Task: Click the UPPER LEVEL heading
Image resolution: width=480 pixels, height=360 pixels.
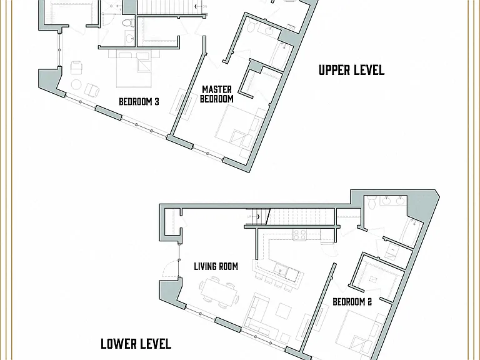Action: pyautogui.click(x=351, y=70)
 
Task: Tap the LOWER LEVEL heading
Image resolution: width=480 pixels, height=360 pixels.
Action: pyautogui.click(x=136, y=344)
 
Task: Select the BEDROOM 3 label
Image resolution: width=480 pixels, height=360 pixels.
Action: pyautogui.click(x=139, y=102)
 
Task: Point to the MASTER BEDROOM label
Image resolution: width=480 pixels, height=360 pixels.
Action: pyautogui.click(x=217, y=94)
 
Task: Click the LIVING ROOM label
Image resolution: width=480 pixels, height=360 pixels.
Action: pyautogui.click(x=216, y=266)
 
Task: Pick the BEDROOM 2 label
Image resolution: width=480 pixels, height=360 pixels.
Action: pyautogui.click(x=352, y=302)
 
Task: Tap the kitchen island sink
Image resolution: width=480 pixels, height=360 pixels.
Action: pyautogui.click(x=281, y=269)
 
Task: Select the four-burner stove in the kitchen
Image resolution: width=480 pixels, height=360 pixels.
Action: pyautogui.click(x=299, y=235)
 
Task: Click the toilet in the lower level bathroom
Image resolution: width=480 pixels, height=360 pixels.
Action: pyautogui.click(x=372, y=202)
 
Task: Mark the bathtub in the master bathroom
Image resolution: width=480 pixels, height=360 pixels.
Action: pyautogui.click(x=281, y=57)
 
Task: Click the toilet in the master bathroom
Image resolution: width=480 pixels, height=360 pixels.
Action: pyautogui.click(x=251, y=26)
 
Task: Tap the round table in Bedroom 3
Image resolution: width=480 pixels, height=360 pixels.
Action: pyautogui.click(x=76, y=84)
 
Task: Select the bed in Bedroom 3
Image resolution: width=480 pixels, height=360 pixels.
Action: pyautogui.click(x=134, y=70)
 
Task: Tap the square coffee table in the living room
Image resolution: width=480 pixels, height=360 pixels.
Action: pyautogui.click(x=284, y=311)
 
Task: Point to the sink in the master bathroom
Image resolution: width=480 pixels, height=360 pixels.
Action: pyautogui.click(x=270, y=30)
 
